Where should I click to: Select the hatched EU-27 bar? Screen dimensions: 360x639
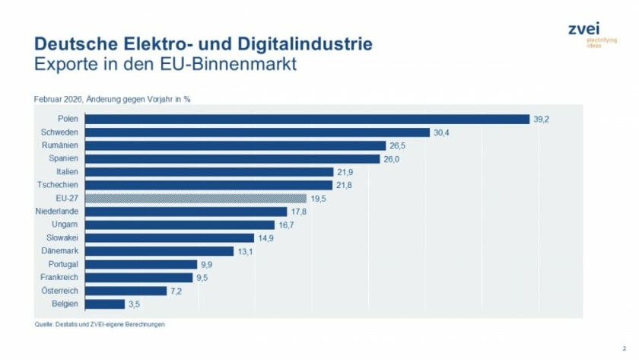pos(196,198)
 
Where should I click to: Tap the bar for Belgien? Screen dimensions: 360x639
pos(104,304)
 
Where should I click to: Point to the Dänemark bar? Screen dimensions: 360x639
pos(159,251)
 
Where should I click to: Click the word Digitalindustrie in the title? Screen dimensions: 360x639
pos(307,44)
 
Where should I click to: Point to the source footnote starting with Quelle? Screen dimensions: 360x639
pos(100,324)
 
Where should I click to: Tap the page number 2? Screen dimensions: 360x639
pos(623,346)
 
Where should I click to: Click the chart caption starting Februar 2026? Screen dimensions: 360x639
pos(112,100)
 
